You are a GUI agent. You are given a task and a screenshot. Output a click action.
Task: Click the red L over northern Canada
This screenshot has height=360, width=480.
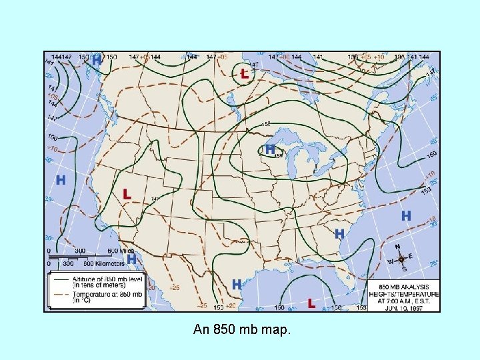[244, 74]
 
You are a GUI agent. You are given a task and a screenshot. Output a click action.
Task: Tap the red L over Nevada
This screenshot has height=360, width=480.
[127, 194]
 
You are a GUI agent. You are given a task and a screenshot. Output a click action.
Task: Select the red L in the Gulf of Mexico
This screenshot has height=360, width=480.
[311, 303]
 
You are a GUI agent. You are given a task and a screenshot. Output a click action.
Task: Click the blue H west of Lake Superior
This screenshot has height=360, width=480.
[270, 149]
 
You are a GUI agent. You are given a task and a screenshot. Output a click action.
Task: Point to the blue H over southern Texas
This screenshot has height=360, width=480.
[236, 284]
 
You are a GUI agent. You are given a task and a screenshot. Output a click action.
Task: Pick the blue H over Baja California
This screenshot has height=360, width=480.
[132, 258]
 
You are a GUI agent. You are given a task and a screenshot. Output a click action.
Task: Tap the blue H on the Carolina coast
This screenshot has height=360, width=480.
[339, 234]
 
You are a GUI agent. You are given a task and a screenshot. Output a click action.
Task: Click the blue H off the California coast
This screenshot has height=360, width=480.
[61, 180]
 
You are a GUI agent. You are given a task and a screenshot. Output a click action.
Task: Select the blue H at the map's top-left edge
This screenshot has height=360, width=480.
[97, 60]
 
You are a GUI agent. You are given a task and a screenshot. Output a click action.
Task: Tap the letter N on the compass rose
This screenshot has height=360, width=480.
[398, 246]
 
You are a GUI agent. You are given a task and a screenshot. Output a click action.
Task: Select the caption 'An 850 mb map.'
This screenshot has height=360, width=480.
[241, 329]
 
